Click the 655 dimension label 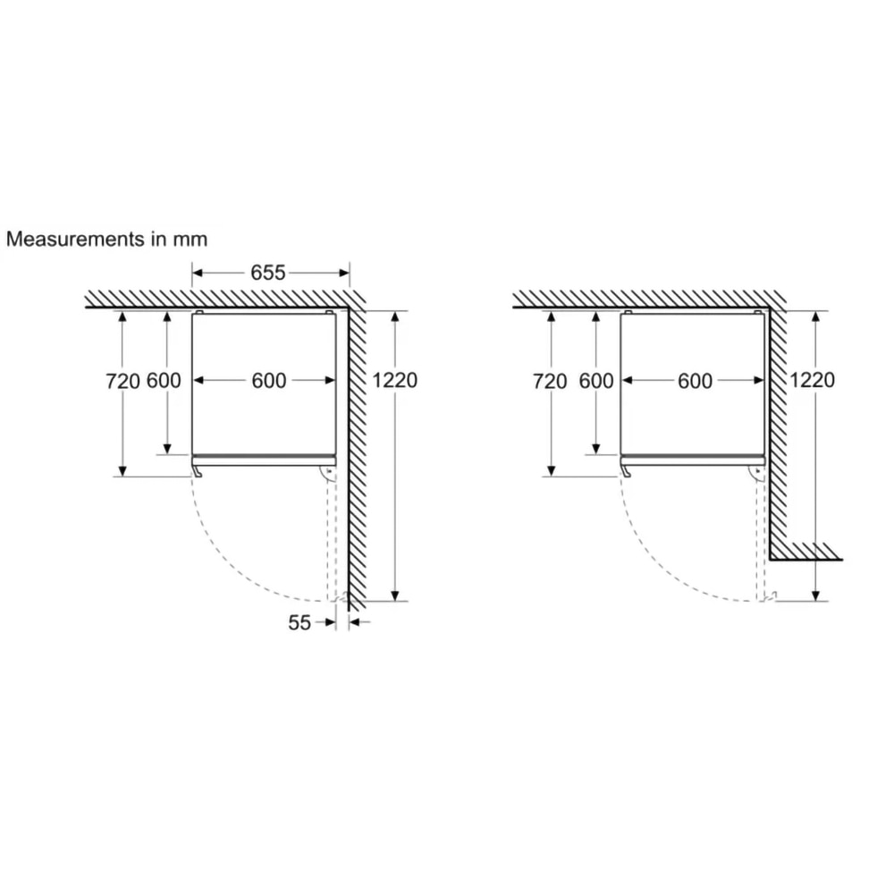(x=267, y=273)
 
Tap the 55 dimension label (x=299, y=622)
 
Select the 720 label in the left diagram (x=122, y=381)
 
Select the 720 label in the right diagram (x=550, y=381)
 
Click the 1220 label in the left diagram (x=395, y=380)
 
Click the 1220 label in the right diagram (x=812, y=380)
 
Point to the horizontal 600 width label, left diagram (x=268, y=381)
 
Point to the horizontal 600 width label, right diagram (x=695, y=381)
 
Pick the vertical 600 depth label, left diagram (x=164, y=381)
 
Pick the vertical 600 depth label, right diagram (x=596, y=381)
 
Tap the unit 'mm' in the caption (x=192, y=240)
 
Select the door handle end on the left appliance (x=195, y=469)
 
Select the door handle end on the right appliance (x=623, y=469)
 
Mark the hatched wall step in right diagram (x=805, y=551)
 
